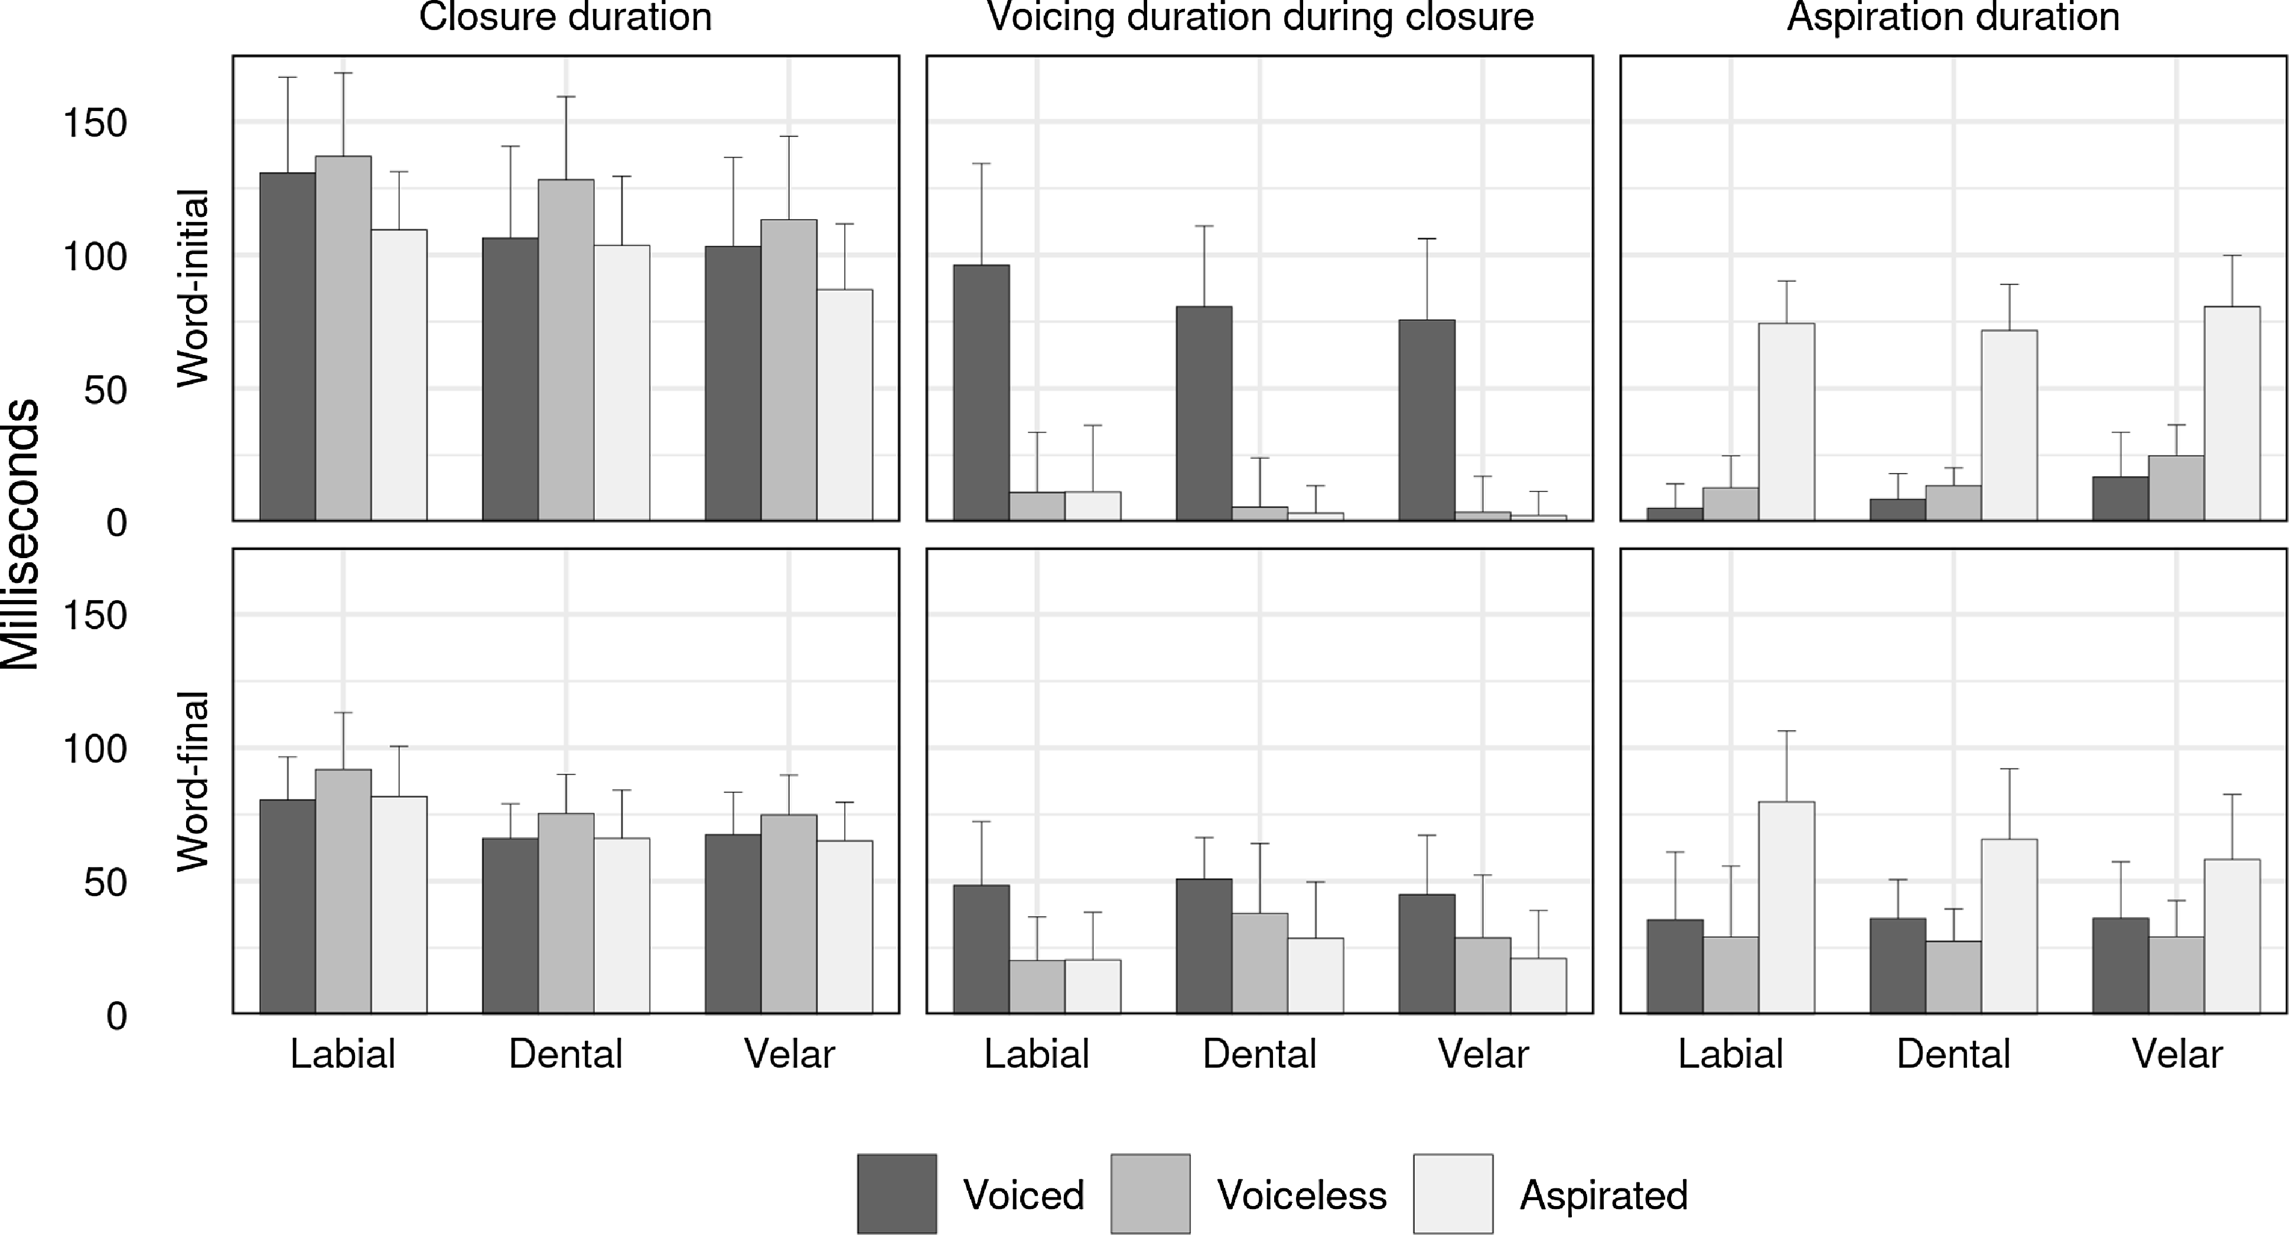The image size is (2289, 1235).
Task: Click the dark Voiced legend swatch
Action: pyautogui.click(x=897, y=1193)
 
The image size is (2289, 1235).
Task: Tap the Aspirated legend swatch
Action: pyautogui.click(x=1453, y=1193)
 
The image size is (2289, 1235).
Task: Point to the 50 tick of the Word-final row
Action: pyautogui.click(x=105, y=882)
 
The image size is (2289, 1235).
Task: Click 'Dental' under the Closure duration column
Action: pyautogui.click(x=565, y=1054)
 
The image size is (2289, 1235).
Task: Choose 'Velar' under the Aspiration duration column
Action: pyautogui.click(x=2176, y=1054)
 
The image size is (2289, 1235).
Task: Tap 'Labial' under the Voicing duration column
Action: pyautogui.click(x=1036, y=1054)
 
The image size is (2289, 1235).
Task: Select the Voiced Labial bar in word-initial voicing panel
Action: pyautogui.click(x=981, y=392)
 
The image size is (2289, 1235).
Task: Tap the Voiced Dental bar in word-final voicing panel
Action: pyautogui.click(x=1204, y=946)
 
